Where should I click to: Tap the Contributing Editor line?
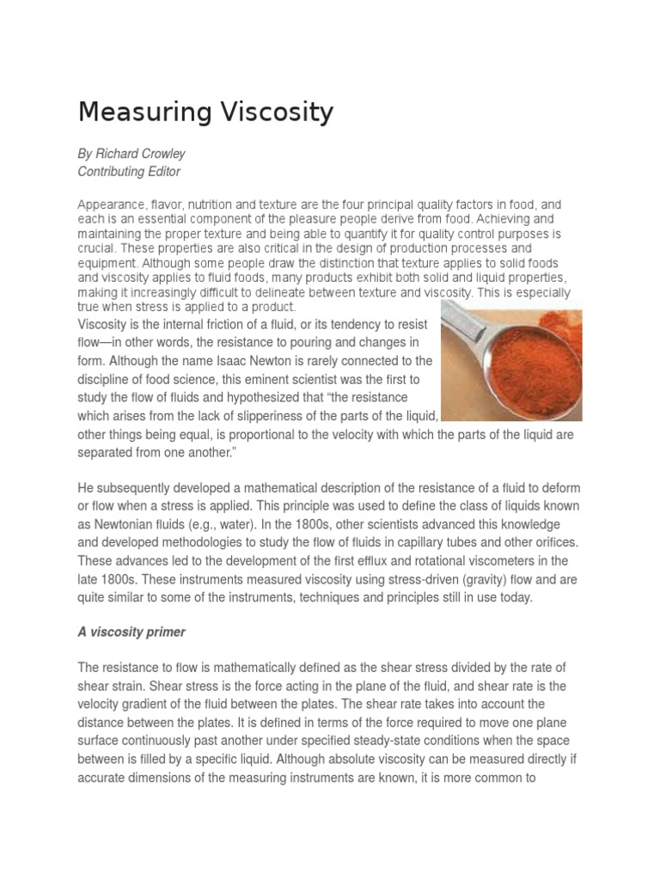coord(129,171)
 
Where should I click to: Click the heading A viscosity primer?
coord(131,632)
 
